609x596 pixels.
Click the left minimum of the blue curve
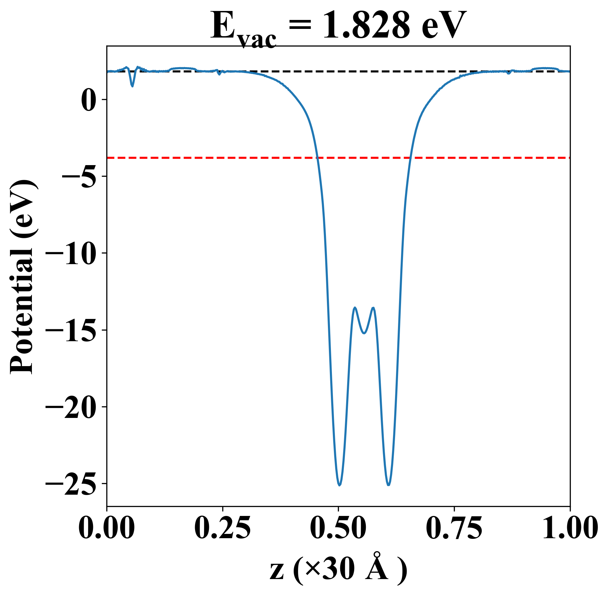(339, 485)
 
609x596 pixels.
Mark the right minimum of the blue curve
(388, 485)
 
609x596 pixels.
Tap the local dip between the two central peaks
(364, 333)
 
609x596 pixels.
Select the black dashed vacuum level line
(332, 71)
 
